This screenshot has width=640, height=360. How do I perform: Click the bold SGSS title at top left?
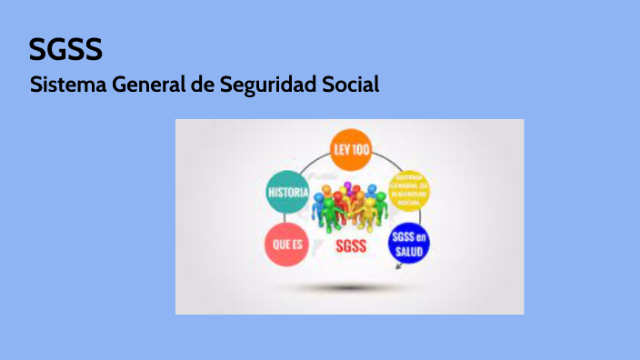[x=65, y=49]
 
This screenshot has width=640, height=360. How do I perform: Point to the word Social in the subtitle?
[x=349, y=85]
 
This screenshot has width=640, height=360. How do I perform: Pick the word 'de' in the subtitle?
[x=203, y=85]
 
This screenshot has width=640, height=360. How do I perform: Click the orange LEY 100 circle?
[x=351, y=150]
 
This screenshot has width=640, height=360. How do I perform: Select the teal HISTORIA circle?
[x=286, y=193]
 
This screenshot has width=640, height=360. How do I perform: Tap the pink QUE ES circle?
[x=286, y=243]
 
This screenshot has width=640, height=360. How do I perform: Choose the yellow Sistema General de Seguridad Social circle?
[x=408, y=188]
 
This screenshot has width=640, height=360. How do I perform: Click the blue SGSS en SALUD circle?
[x=409, y=244]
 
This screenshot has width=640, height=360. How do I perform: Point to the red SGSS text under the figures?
[x=351, y=246]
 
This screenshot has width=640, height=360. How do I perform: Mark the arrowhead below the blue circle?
[x=396, y=268]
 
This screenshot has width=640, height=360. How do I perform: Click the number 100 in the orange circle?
[x=361, y=150]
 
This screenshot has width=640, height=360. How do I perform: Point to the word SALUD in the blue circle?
[x=409, y=250]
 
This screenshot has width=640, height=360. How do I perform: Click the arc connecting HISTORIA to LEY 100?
[x=310, y=165]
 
